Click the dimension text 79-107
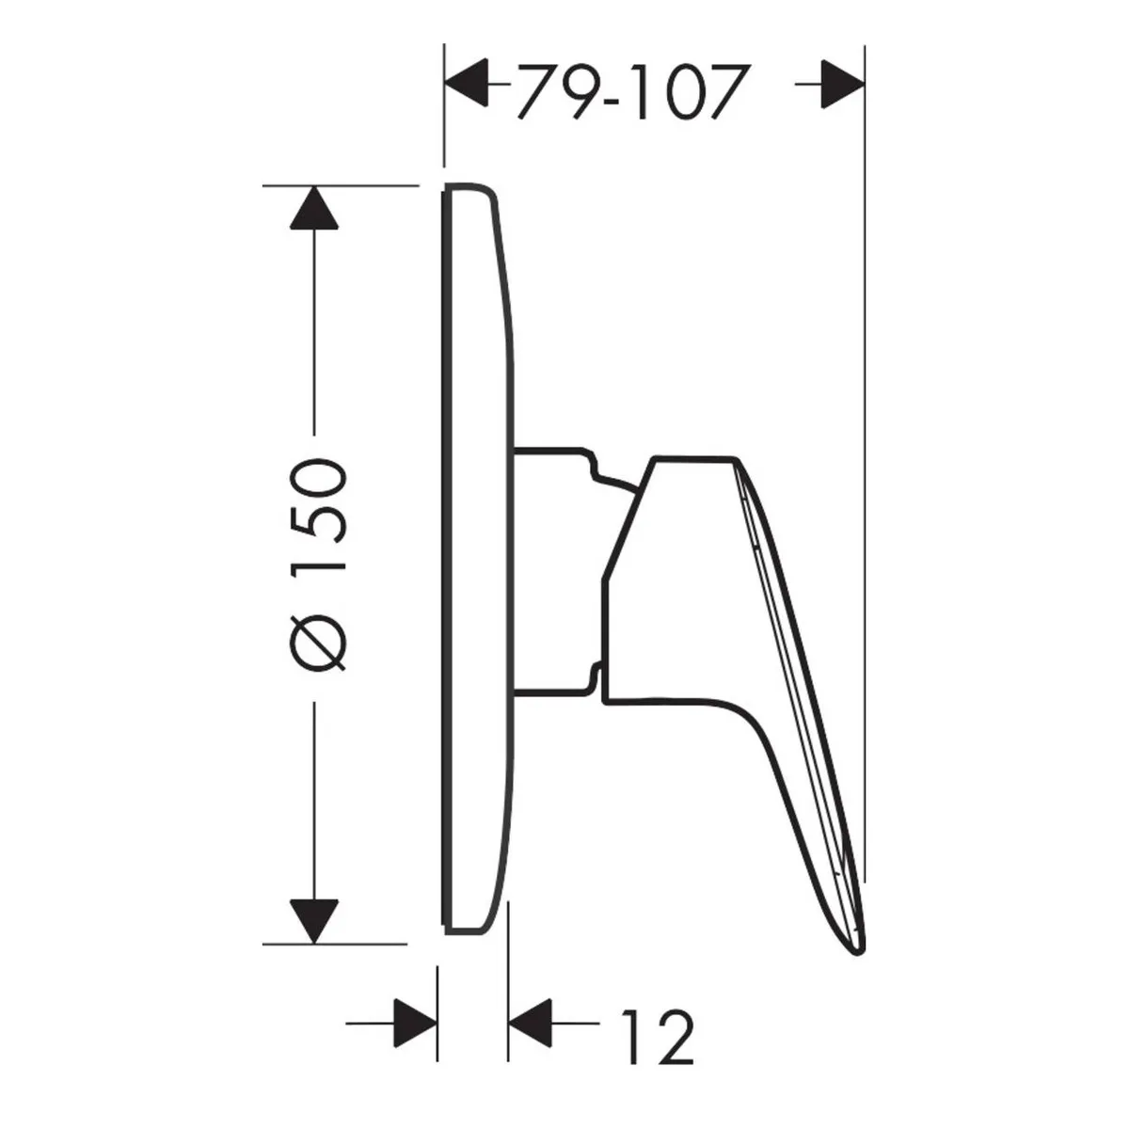click(631, 92)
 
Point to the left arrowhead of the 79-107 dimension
click(467, 83)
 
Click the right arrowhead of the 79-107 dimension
click(842, 84)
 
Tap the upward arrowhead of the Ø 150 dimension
click(314, 207)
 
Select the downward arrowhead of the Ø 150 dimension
click(314, 922)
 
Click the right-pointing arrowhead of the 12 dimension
click(416, 1023)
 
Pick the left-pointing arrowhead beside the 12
click(530, 1023)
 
